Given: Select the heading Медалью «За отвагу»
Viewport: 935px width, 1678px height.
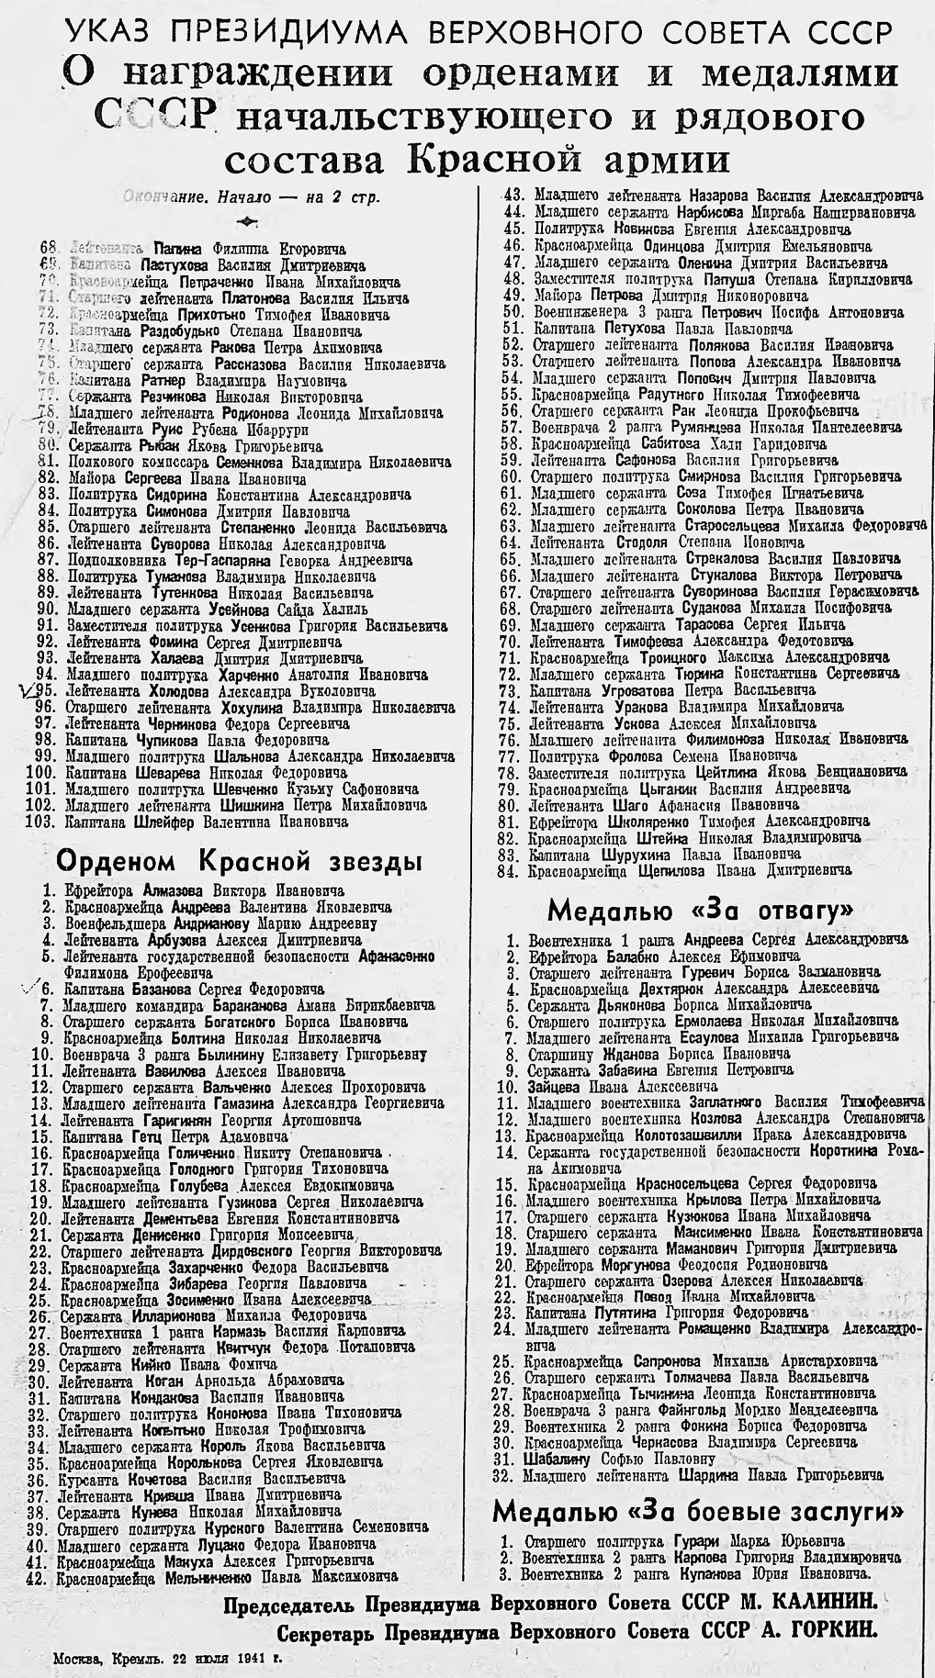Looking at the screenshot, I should point(701,911).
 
